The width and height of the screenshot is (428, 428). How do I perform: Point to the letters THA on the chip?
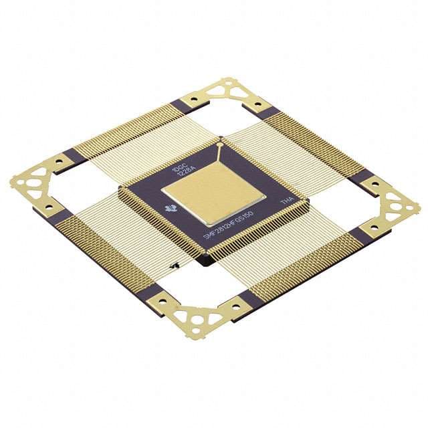click(x=286, y=200)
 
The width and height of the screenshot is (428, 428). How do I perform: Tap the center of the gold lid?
click(x=216, y=192)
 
